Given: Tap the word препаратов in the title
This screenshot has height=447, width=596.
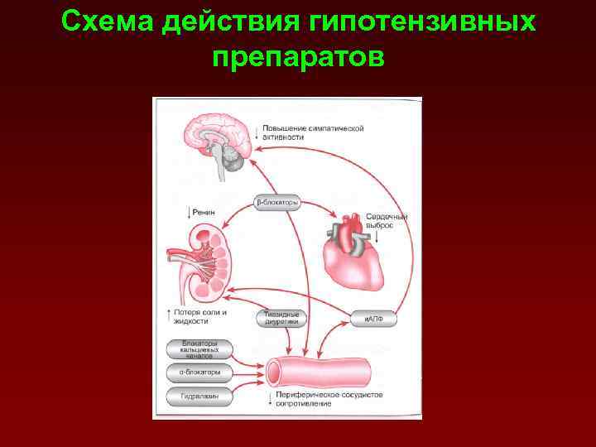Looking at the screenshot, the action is pyautogui.click(x=298, y=57).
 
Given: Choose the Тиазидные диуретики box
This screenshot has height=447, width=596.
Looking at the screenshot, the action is pyautogui.click(x=282, y=319).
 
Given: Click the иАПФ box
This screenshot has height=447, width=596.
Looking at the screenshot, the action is pyautogui.click(x=372, y=318).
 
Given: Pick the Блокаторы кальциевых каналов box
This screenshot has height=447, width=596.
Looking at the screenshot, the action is pyautogui.click(x=199, y=349).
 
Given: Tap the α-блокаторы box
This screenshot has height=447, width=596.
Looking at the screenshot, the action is pyautogui.click(x=199, y=372).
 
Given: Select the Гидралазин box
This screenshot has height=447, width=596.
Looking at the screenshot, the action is pyautogui.click(x=199, y=397).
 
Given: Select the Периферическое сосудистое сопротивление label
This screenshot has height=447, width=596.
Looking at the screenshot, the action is pyautogui.click(x=328, y=400).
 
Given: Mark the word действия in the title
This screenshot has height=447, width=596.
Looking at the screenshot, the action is pyautogui.click(x=231, y=22).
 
